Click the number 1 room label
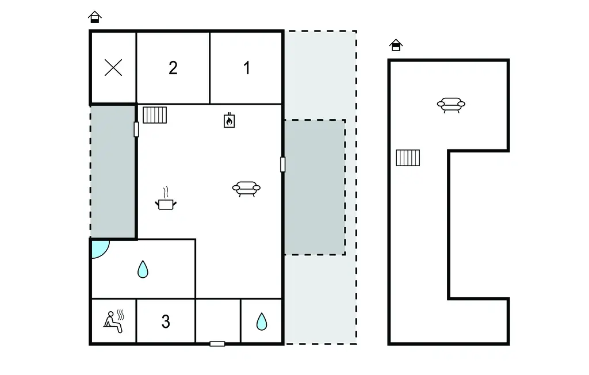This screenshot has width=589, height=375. click(x=247, y=68)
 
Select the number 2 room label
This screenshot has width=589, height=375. click(x=173, y=68)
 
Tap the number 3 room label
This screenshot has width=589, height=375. click(x=166, y=322)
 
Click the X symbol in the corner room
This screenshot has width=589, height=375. click(x=113, y=68)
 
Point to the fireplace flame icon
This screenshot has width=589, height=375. click(x=229, y=120)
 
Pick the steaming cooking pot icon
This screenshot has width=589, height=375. click(x=166, y=199)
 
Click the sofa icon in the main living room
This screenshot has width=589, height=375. click(x=246, y=189)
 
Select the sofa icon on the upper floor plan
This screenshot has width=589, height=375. click(x=451, y=105)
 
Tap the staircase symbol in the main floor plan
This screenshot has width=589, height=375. click(x=155, y=115)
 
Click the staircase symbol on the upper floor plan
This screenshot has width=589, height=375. click(x=408, y=158)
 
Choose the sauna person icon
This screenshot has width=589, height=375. click(x=114, y=322)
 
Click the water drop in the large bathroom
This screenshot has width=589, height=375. click(x=143, y=269)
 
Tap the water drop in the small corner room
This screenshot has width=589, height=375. click(x=262, y=322)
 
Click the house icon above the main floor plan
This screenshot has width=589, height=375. click(x=95, y=17)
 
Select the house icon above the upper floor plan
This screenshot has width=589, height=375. click(x=396, y=45)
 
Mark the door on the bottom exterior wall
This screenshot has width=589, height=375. click(x=217, y=344)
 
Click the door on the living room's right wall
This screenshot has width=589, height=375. click(x=283, y=164)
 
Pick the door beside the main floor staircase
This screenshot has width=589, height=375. click(x=136, y=129)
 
